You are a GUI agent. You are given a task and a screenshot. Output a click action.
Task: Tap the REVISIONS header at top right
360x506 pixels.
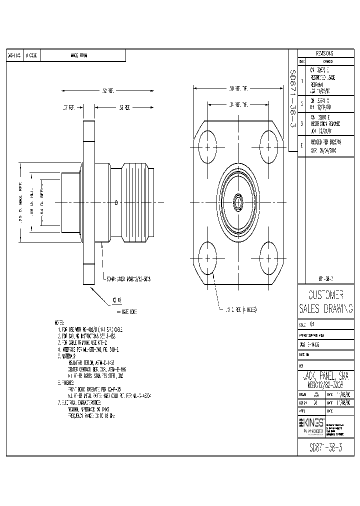coord(324,53)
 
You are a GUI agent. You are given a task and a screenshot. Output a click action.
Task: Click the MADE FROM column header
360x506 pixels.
coord(79,56)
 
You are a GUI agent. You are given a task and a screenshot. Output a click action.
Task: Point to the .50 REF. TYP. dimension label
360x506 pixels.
coord(238,89)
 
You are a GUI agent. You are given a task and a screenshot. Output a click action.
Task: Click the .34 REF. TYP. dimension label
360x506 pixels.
coord(238,105)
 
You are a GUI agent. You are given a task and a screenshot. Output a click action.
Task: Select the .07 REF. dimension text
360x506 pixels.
coord(68,107)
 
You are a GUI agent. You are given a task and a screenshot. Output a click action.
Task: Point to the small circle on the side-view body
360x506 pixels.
coord(116,202)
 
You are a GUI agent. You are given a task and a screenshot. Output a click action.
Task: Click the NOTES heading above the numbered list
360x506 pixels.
coord(60,323)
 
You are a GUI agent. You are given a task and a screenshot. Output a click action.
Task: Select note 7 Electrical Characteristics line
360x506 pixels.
coord(82,401)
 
